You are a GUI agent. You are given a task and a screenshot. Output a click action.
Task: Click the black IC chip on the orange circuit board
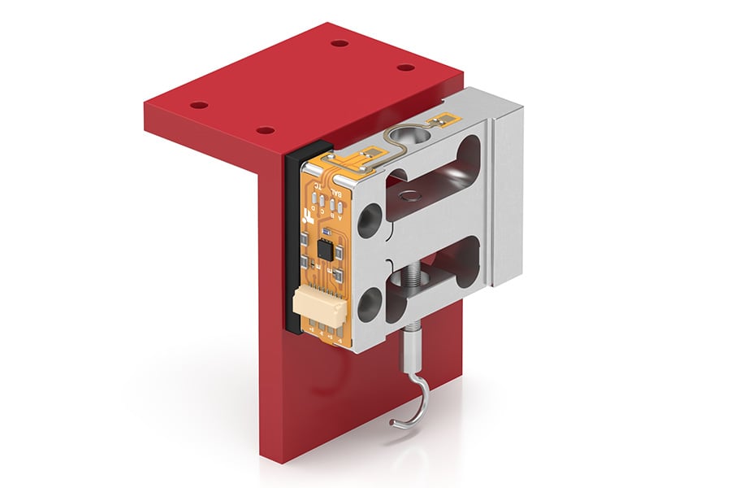326,249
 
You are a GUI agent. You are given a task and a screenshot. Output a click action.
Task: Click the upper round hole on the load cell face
370,217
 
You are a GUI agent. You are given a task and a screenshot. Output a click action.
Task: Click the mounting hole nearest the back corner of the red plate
340,43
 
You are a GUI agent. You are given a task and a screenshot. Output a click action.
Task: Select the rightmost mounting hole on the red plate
403,68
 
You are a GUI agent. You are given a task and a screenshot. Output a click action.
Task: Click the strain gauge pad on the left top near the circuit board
370,154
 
